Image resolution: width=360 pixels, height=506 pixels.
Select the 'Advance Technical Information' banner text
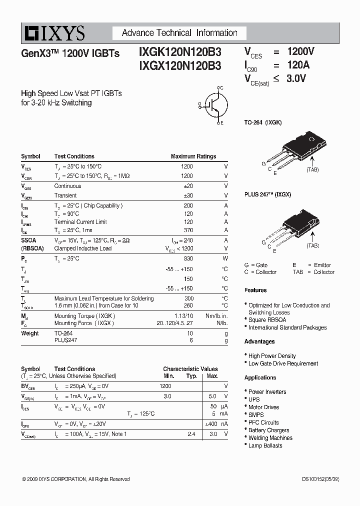(179, 33)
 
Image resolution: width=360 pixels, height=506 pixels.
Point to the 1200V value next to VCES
(300, 51)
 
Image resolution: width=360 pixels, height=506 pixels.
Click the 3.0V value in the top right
(296, 78)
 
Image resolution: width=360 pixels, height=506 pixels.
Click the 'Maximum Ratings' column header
(193, 156)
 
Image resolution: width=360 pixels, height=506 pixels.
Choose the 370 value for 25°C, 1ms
(188, 230)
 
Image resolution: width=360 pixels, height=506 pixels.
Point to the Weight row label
(29, 333)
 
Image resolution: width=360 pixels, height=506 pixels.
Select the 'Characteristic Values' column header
(190, 369)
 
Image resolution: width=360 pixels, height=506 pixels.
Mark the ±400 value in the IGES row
(210, 424)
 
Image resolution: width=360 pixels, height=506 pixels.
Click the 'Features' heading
(255, 290)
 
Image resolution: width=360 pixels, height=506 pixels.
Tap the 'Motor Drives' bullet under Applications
(263, 407)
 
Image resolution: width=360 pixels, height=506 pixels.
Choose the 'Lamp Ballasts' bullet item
(265, 445)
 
